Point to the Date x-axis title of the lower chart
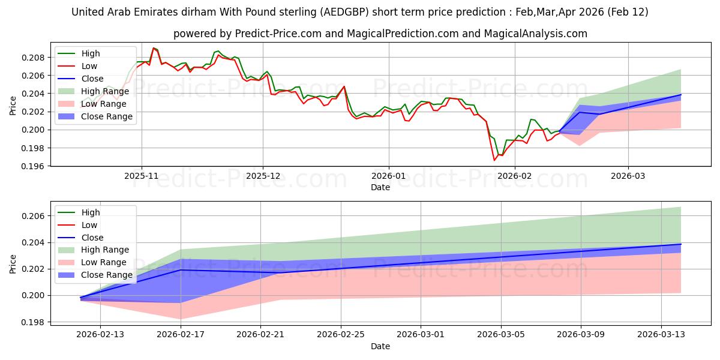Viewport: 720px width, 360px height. pyautogui.click(x=380, y=346)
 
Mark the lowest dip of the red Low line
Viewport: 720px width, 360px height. pyautogui.click(x=494, y=160)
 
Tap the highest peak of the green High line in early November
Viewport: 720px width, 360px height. pyautogui.click(x=154, y=48)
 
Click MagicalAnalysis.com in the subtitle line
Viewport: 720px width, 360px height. pyautogui.click(x=538, y=34)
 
